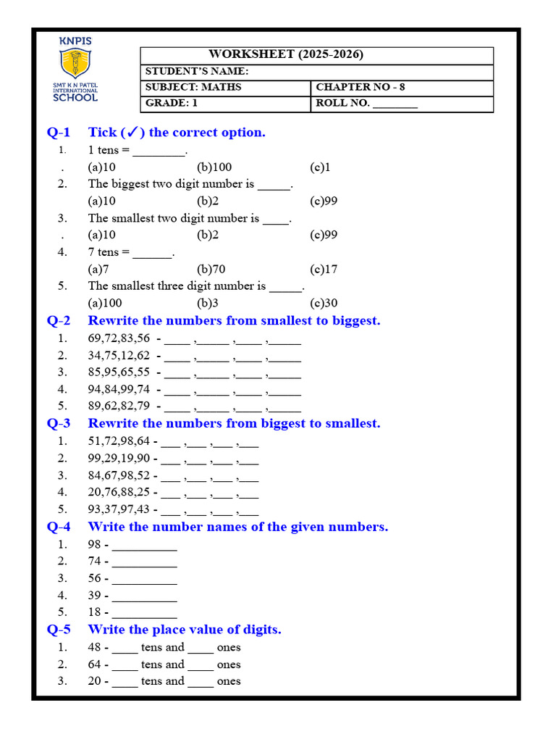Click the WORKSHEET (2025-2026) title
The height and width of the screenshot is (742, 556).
point(286,54)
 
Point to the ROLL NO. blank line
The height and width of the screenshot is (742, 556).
point(395,104)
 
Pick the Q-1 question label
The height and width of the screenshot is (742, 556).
point(59,132)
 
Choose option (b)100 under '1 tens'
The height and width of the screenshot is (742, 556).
point(214,167)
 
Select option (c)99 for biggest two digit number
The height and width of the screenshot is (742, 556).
point(324,201)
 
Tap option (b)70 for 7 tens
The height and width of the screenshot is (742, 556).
point(211,269)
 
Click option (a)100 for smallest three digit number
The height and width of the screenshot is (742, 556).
point(105,303)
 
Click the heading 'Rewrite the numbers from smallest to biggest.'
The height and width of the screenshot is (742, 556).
point(234,320)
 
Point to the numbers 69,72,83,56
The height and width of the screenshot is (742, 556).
point(119,338)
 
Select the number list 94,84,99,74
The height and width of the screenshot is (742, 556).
point(119,389)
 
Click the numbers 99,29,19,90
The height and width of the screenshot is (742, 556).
point(119,458)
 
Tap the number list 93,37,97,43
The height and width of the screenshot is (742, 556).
point(119,509)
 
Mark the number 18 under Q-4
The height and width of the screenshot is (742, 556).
point(95,612)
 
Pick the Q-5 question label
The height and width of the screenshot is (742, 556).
point(59,629)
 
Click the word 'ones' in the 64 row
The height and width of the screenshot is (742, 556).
point(229,664)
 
